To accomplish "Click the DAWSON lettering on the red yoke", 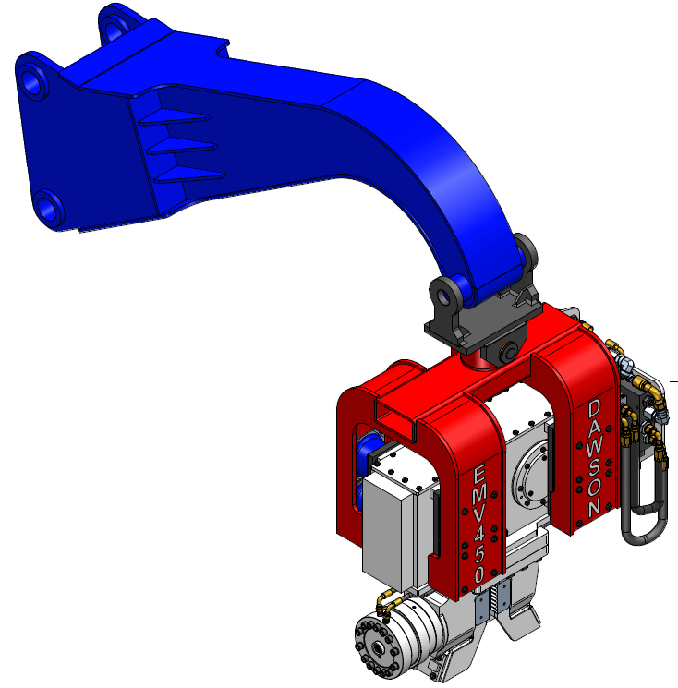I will [595, 457].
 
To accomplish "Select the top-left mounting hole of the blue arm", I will [34, 82].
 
